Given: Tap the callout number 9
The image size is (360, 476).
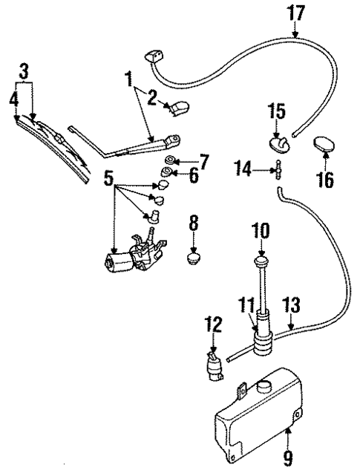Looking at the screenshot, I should (x=288, y=458).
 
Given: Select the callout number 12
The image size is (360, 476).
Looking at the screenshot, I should (x=213, y=325).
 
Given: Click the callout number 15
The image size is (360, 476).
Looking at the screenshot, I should (x=276, y=112).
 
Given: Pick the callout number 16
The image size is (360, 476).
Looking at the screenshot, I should (x=326, y=179).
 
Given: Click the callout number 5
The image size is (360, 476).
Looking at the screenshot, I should (x=109, y=177).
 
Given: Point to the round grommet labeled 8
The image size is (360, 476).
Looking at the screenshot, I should (x=194, y=259).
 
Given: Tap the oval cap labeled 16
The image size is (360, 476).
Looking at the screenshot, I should (x=326, y=144).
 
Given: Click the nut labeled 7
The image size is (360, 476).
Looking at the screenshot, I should (x=171, y=161).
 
